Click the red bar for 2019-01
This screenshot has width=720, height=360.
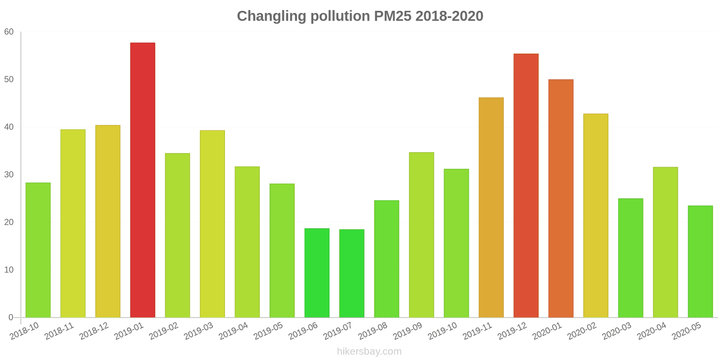(143, 180)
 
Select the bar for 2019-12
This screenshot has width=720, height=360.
(526, 185)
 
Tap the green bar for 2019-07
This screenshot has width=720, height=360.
(351, 273)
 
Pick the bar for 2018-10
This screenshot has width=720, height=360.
(38, 250)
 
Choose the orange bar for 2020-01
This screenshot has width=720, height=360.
(561, 198)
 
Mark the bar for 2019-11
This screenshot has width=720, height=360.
(491, 207)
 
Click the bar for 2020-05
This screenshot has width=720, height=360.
(700, 261)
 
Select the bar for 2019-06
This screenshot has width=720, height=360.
(317, 273)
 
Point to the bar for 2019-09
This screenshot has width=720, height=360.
(421, 235)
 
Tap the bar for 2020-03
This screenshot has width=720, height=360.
(630, 258)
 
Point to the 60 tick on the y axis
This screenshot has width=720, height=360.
(9, 32)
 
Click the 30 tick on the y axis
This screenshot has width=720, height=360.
(9, 175)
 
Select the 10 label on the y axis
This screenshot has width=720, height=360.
(9, 270)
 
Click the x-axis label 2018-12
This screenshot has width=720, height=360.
(94, 331)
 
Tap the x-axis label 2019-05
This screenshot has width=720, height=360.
(268, 331)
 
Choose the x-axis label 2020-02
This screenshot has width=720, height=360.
(582, 331)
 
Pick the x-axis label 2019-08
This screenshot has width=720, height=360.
(373, 331)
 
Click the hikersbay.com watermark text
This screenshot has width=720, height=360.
(369, 351)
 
